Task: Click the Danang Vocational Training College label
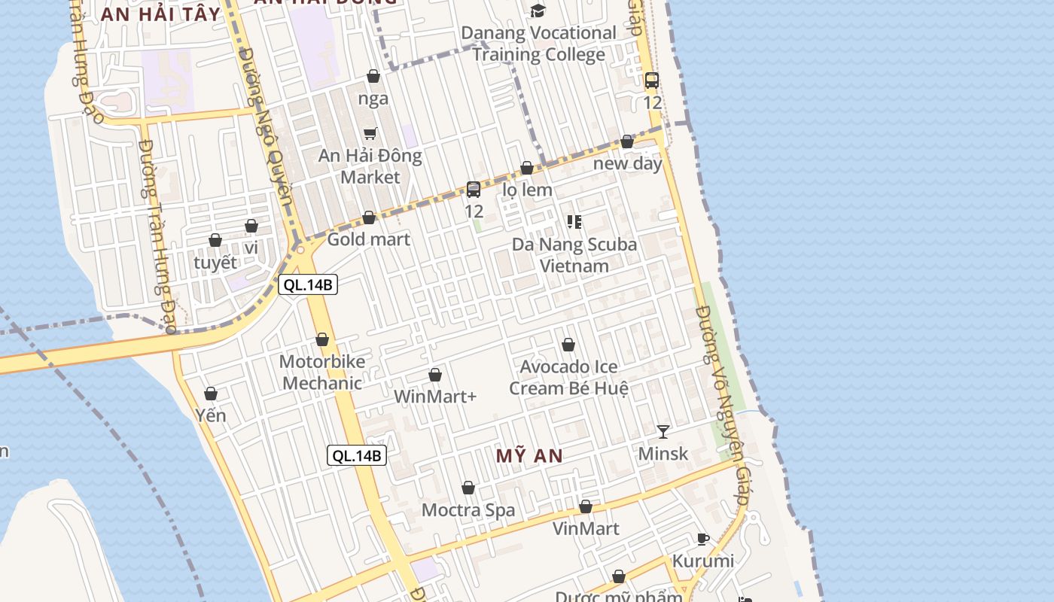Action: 538,44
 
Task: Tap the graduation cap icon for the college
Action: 538,11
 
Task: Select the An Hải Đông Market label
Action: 370,166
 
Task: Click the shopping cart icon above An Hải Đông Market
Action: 370,134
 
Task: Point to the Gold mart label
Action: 369,239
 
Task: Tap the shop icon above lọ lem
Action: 527,169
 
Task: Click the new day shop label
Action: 627,163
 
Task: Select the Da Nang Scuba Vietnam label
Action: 574,255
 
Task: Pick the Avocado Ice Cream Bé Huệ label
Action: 569,378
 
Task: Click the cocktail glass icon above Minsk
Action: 663,431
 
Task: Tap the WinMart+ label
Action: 435,396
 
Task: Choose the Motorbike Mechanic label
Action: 322,372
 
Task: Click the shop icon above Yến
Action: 211,394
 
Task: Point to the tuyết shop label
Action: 215,263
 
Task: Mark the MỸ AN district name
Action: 529,455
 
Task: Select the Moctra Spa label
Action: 468,510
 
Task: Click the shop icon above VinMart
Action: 586,507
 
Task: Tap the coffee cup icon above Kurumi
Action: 702,539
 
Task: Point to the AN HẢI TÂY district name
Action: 160,14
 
